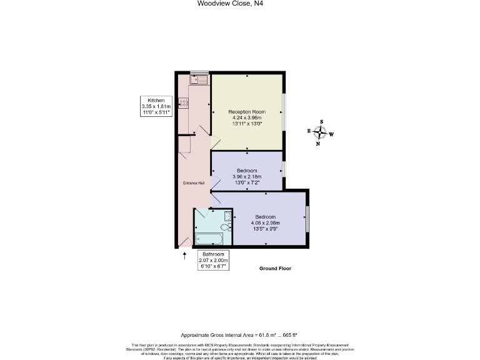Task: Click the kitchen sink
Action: pos(198,79)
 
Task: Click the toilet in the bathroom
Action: pos(227,227)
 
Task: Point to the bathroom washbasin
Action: pos(228,216)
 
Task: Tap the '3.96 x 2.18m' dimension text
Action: pos(247,177)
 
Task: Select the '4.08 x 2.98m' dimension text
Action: pos(265,222)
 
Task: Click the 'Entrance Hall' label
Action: pos(193,183)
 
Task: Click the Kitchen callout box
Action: pos(156,106)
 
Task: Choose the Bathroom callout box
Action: pos(213,260)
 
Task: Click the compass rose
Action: pos(320,132)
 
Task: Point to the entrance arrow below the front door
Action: pos(184,256)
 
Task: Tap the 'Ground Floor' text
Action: pos(275,268)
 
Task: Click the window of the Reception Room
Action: pos(284,112)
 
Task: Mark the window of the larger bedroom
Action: pos(307,219)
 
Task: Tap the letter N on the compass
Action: pos(318,144)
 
